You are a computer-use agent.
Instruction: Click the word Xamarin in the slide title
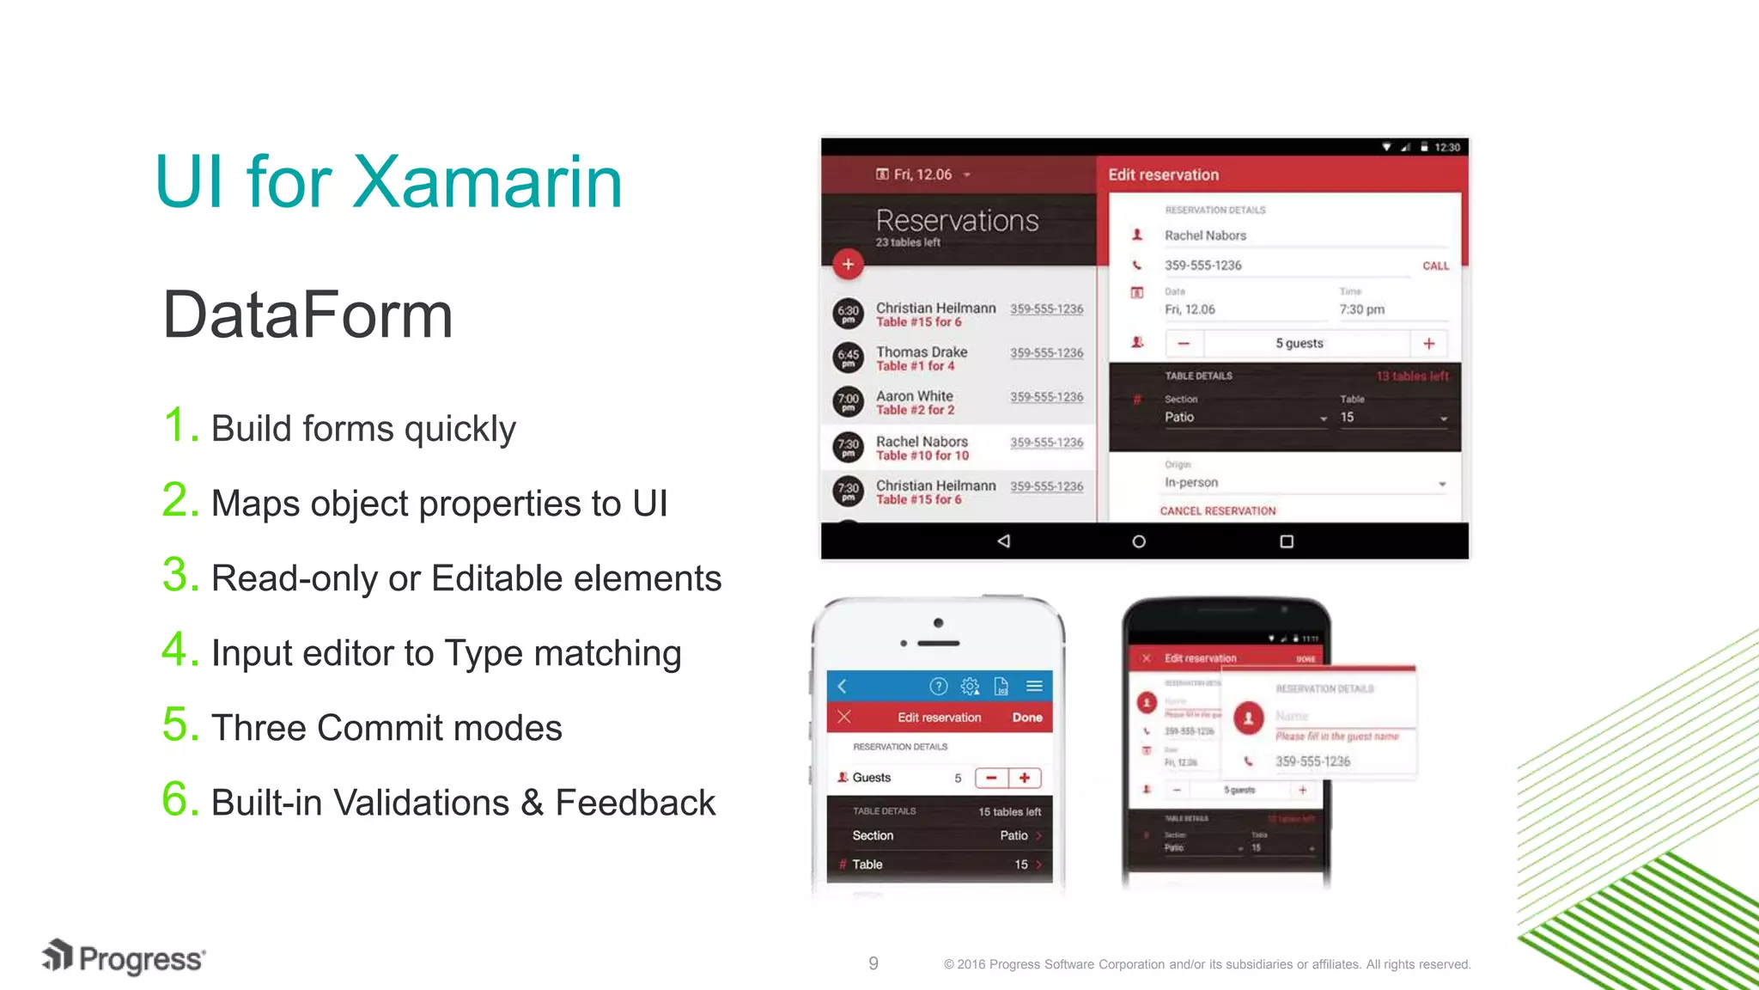[x=487, y=182]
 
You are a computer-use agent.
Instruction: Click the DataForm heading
[x=307, y=315]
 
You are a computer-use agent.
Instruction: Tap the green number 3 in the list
[x=180, y=575]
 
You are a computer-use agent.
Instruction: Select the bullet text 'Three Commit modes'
[x=386, y=728]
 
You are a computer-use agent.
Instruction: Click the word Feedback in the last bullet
[x=635, y=803]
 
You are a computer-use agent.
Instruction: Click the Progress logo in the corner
[x=124, y=957]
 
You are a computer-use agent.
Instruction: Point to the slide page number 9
[x=873, y=963]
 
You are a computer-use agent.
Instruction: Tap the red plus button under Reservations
[x=848, y=265]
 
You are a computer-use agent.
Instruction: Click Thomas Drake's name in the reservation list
[x=922, y=351]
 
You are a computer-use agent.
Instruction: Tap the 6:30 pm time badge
[x=848, y=313]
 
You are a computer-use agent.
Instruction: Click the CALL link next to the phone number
[x=1435, y=266]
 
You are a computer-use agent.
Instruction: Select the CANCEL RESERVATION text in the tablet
[x=1218, y=510]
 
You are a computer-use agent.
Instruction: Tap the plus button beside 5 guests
[x=1429, y=344]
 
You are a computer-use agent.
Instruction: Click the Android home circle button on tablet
[x=1139, y=541]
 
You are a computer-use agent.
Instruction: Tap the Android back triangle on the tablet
[x=1003, y=541]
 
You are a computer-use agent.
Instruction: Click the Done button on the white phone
[x=1027, y=718]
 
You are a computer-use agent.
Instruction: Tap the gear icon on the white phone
[x=970, y=686]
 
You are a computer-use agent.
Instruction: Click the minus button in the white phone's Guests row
[x=991, y=778]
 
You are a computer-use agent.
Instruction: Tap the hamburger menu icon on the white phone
[x=1034, y=686]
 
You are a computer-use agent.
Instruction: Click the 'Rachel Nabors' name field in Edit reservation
[x=1205, y=235]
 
